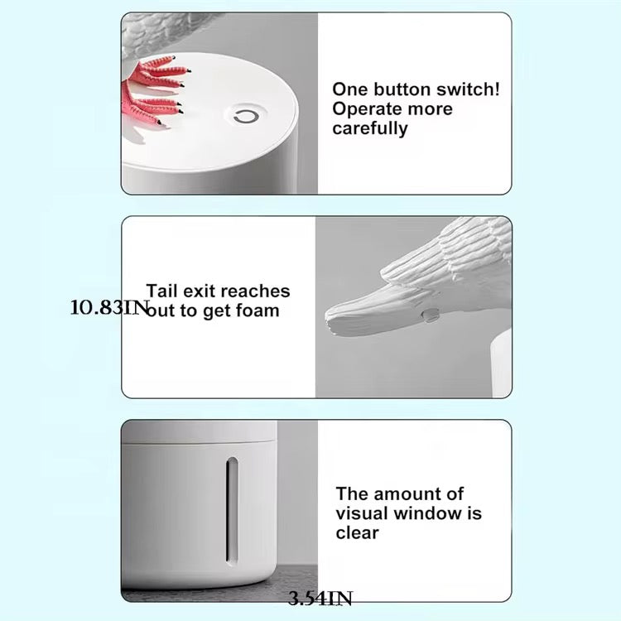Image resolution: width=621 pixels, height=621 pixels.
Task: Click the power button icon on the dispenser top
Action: point(245,117)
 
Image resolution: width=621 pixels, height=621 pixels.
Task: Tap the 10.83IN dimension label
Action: point(108,308)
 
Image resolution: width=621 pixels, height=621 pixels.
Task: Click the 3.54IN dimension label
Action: point(320,599)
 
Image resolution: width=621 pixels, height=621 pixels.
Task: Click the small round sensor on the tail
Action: point(431,315)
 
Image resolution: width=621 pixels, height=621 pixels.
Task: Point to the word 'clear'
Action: point(357,533)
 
